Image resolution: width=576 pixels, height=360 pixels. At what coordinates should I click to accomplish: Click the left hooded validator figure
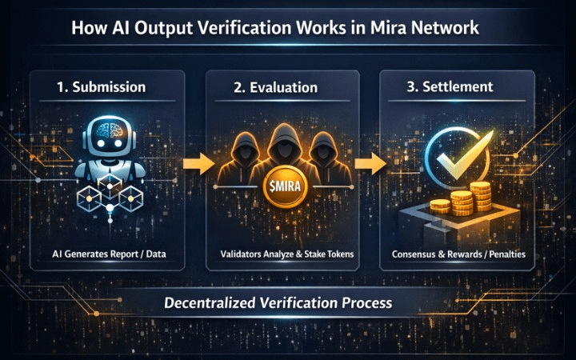pyautogui.click(x=243, y=156)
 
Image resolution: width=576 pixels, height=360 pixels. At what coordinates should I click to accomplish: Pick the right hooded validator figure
pyautogui.click(x=323, y=156)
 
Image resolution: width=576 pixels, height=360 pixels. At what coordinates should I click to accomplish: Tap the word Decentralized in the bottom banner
pyautogui.click(x=210, y=303)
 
